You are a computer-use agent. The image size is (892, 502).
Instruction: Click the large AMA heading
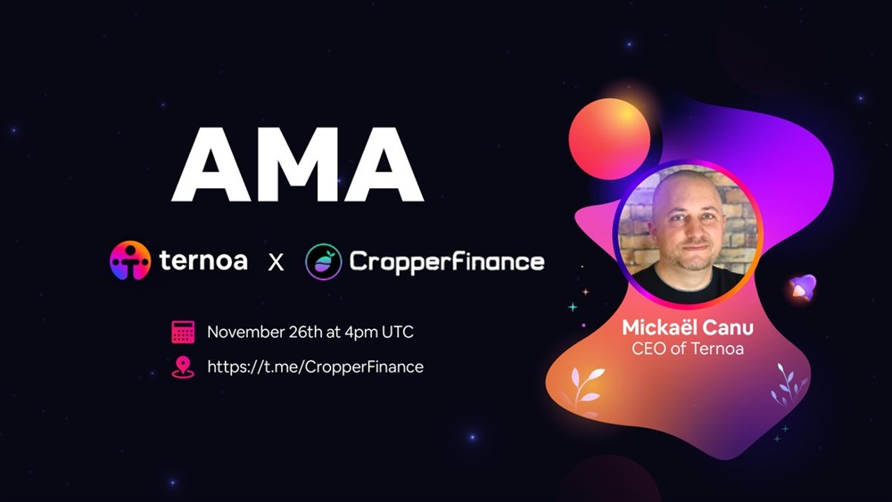[298, 165]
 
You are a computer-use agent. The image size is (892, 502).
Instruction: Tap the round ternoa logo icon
[130, 260]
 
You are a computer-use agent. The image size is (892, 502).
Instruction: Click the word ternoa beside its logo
[203, 261]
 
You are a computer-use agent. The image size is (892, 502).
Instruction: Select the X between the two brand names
[276, 262]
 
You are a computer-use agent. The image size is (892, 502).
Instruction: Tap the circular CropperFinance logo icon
[324, 261]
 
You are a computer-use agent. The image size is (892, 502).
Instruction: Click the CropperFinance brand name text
[447, 261]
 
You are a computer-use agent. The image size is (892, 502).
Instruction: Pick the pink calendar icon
[183, 332]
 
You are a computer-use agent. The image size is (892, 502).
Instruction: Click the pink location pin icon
[183, 367]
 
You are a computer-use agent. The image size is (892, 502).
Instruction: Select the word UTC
[398, 332]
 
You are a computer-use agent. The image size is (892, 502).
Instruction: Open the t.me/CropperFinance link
[315, 366]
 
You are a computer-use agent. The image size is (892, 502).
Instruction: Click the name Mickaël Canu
[688, 327]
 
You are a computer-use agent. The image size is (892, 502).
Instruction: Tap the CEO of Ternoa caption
[688, 348]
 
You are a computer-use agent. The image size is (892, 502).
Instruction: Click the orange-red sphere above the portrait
[609, 139]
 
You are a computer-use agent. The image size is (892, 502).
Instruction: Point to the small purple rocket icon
[804, 287]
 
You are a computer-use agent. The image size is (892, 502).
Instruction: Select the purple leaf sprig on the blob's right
[789, 383]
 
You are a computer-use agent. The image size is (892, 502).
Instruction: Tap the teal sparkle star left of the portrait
[573, 307]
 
